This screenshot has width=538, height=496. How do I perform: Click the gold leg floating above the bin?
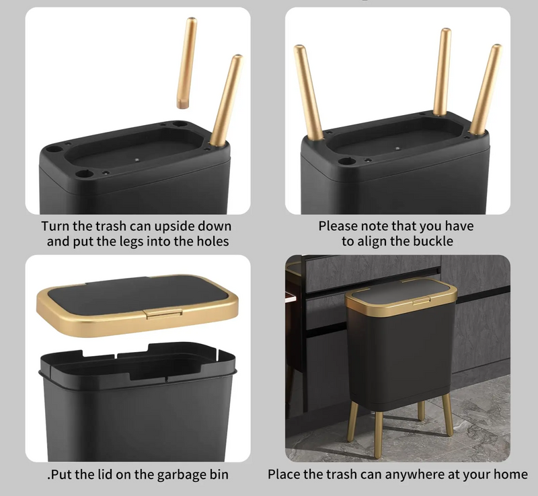click(187, 63)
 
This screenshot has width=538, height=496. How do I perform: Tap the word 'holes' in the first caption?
click(213, 242)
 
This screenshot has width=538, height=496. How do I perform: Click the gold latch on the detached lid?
click(163, 313)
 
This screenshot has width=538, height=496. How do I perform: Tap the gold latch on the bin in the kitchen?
click(421, 301)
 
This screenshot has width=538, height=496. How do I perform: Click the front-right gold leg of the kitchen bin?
click(447, 415)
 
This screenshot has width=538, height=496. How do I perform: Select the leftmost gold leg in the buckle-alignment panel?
click(307, 93)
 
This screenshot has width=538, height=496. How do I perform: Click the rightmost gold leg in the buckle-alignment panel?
click(486, 90)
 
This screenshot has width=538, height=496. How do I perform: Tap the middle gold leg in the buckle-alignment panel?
click(443, 71)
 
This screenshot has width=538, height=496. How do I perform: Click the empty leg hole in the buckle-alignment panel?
click(346, 161)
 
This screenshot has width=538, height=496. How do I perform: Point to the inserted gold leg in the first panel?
click(227, 100)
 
